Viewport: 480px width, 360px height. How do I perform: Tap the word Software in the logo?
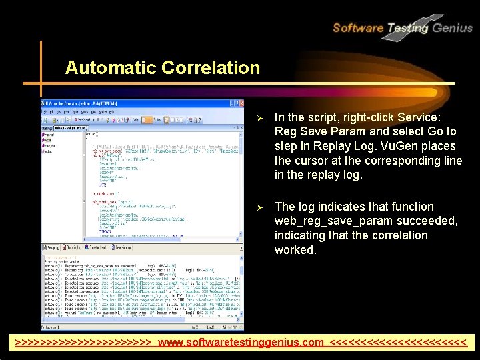(357, 28)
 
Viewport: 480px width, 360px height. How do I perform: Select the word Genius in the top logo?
(452, 28)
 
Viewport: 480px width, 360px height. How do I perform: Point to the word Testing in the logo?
(407, 28)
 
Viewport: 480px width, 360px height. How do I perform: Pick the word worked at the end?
(295, 250)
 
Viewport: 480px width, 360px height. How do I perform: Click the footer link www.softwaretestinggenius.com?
(241, 343)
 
